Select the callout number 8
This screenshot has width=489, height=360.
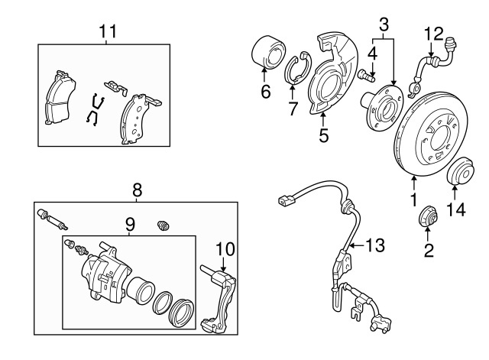coord(138,189)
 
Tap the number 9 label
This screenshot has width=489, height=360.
coord(130,225)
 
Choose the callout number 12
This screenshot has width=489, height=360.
coord(434,33)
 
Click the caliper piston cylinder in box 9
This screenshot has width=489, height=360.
coord(141,290)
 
